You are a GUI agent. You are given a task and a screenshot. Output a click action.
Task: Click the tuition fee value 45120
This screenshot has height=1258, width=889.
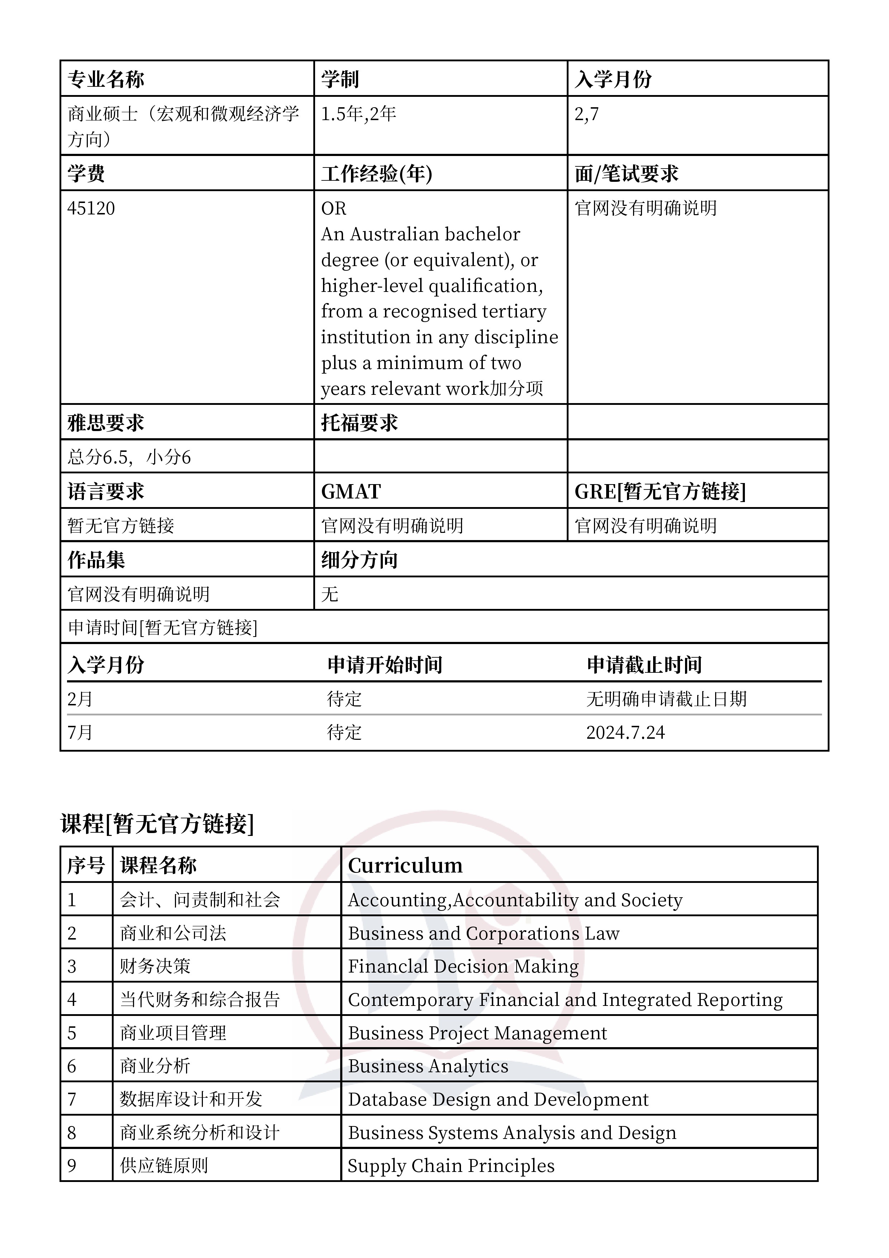91,209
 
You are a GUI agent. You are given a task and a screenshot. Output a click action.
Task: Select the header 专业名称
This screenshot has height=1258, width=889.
106,80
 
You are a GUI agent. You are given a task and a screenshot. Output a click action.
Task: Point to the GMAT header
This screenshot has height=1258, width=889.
351,492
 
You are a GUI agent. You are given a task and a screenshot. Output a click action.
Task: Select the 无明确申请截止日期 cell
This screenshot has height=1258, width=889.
666,699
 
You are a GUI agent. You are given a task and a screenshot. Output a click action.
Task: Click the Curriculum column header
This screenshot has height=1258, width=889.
405,866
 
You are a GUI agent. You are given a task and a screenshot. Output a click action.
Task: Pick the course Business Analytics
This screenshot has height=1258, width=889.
428,1066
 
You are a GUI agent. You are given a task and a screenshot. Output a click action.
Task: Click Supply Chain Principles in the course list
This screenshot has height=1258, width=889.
451,1165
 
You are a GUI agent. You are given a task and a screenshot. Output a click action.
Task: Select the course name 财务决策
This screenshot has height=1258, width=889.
155,966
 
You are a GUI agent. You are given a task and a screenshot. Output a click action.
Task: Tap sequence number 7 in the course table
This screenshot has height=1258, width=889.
72,1099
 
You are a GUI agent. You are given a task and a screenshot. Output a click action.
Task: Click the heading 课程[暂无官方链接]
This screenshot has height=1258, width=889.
157,823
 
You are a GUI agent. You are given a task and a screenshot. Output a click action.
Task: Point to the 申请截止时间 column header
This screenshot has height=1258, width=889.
644,665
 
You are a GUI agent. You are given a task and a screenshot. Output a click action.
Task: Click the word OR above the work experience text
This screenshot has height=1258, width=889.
334,209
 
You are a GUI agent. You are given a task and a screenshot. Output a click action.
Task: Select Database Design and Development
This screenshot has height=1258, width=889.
498,1099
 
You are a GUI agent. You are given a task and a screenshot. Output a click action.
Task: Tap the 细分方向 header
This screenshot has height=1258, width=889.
359,560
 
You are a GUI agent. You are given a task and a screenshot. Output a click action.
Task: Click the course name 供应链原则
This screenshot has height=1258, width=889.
164,1165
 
